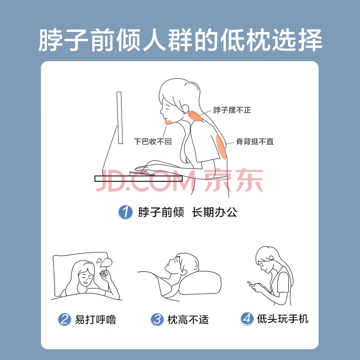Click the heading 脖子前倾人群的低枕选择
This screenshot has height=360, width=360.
(x=180, y=40)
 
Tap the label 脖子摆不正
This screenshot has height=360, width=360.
(x=232, y=110)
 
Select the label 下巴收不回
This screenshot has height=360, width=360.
(x=153, y=141)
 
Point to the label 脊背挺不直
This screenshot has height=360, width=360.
(x=255, y=141)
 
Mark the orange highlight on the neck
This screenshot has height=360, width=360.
(x=195, y=116)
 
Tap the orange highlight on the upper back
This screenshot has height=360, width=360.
(x=221, y=147)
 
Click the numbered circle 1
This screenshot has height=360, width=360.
(x=126, y=212)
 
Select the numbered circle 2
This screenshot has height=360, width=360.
(x=64, y=319)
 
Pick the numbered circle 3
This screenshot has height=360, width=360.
(x=157, y=319)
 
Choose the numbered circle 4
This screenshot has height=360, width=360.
(x=247, y=319)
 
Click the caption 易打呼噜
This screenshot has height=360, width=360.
(x=95, y=319)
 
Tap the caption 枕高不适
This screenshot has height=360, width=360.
(x=188, y=319)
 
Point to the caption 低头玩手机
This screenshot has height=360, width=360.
(x=283, y=319)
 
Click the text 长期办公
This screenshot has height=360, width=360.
(x=215, y=212)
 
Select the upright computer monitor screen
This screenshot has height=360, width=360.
(x=120, y=118)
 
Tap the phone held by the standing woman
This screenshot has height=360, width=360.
(x=250, y=283)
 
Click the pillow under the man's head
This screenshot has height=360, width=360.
(x=200, y=283)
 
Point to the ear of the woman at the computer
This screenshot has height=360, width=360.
(x=185, y=108)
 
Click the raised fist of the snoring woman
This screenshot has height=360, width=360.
(x=104, y=273)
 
